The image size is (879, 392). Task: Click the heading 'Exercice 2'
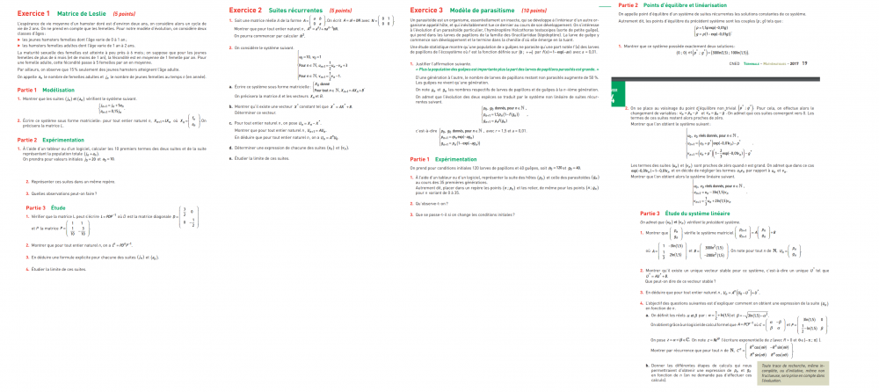click(x=236, y=10)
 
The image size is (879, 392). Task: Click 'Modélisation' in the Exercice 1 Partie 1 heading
click(x=59, y=90)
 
